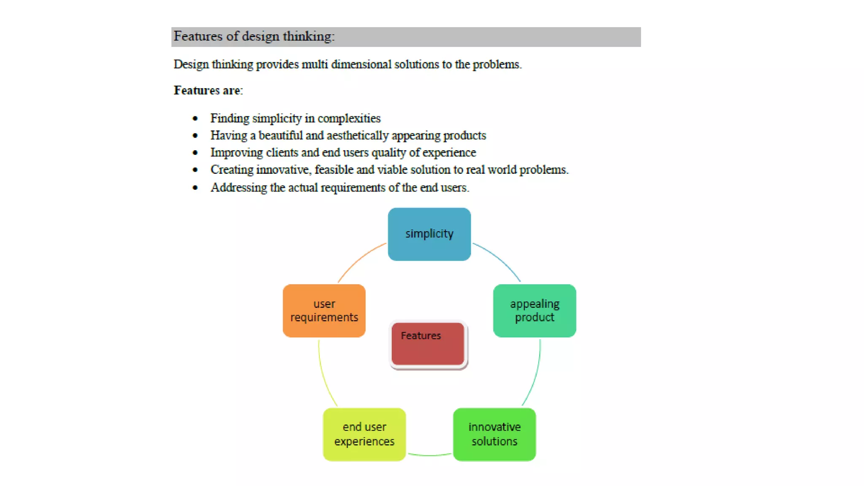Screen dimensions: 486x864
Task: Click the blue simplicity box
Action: (429, 234)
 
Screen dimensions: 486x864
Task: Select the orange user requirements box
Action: (324, 310)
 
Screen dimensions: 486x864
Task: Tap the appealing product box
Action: (535, 310)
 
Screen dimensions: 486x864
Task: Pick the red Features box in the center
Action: (428, 344)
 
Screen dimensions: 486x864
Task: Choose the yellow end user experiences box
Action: (364, 434)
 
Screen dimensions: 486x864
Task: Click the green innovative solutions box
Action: (494, 434)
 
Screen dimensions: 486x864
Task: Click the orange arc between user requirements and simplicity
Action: (359, 259)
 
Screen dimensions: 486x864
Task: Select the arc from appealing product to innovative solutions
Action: (535, 375)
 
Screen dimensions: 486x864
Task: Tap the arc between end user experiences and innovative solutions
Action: (429, 455)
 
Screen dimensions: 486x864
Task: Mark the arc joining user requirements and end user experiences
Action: (324, 375)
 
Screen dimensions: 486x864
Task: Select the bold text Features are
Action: (208, 90)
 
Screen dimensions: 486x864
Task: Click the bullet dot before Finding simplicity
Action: (195, 119)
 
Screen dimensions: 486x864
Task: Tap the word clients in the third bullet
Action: (282, 152)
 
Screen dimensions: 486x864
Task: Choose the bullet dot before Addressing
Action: (195, 188)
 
